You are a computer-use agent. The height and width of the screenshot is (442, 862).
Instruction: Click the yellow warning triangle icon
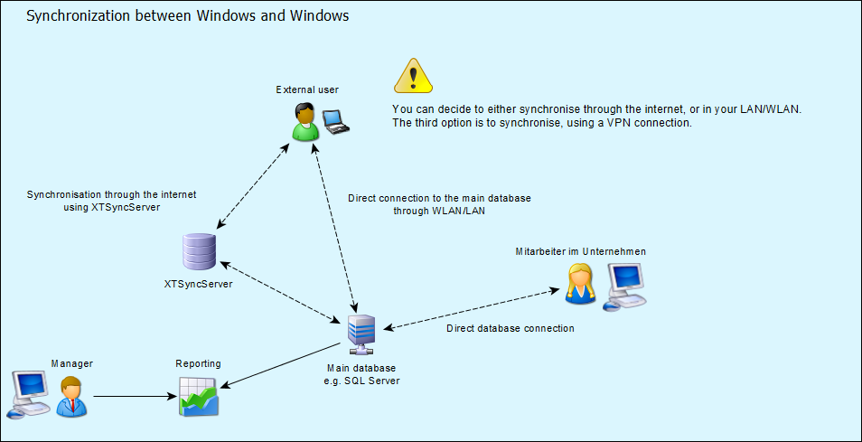413,76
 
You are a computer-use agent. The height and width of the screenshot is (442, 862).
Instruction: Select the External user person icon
306,122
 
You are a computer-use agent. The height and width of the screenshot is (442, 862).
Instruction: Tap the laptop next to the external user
337,121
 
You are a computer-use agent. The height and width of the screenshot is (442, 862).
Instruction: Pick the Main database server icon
361,336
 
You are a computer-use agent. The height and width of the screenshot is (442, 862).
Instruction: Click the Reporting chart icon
199,395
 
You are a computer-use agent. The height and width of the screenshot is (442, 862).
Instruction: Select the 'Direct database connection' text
510,328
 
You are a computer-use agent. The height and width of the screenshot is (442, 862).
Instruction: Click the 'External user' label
307,89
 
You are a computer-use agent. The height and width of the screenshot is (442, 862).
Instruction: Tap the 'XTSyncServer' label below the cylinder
198,284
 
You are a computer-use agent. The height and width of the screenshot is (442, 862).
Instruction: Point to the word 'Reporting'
198,363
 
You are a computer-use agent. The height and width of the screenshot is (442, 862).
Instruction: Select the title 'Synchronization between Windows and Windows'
187,16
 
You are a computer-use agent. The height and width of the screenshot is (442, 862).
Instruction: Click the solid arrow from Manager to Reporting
136,396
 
